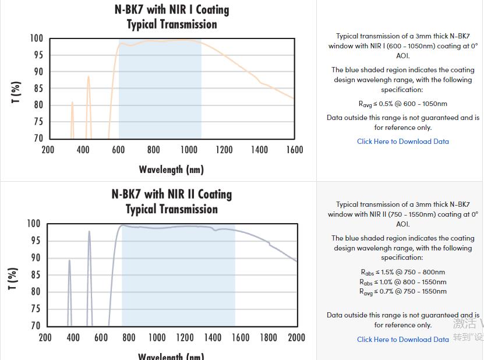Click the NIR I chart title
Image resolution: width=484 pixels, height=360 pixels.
click(x=172, y=17)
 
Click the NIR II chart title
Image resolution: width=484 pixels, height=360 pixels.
click(x=172, y=202)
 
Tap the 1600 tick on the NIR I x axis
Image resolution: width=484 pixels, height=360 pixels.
click(x=295, y=150)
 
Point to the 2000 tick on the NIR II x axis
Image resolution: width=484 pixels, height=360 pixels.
click(x=296, y=337)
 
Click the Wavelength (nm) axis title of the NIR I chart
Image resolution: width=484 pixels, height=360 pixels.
click(x=171, y=170)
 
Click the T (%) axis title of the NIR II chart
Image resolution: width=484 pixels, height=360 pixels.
click(x=13, y=279)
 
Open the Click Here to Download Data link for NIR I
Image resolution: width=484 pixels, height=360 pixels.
click(x=403, y=142)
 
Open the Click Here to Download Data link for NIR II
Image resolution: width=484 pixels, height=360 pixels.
click(x=403, y=340)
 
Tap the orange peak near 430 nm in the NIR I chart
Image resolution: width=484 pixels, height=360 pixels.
click(x=89, y=77)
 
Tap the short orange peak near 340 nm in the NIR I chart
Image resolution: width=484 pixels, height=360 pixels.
click(x=72, y=104)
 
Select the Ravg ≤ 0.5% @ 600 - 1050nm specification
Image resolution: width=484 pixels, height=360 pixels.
click(x=403, y=104)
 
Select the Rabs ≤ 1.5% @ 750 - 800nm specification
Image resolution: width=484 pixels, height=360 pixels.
click(x=403, y=272)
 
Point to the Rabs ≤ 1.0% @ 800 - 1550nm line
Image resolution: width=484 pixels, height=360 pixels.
click(x=403, y=282)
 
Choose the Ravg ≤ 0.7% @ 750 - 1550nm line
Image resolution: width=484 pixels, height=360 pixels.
click(x=403, y=292)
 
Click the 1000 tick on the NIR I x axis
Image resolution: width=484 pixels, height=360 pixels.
click(x=189, y=150)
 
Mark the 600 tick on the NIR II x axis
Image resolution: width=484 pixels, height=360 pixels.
click(x=101, y=337)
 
